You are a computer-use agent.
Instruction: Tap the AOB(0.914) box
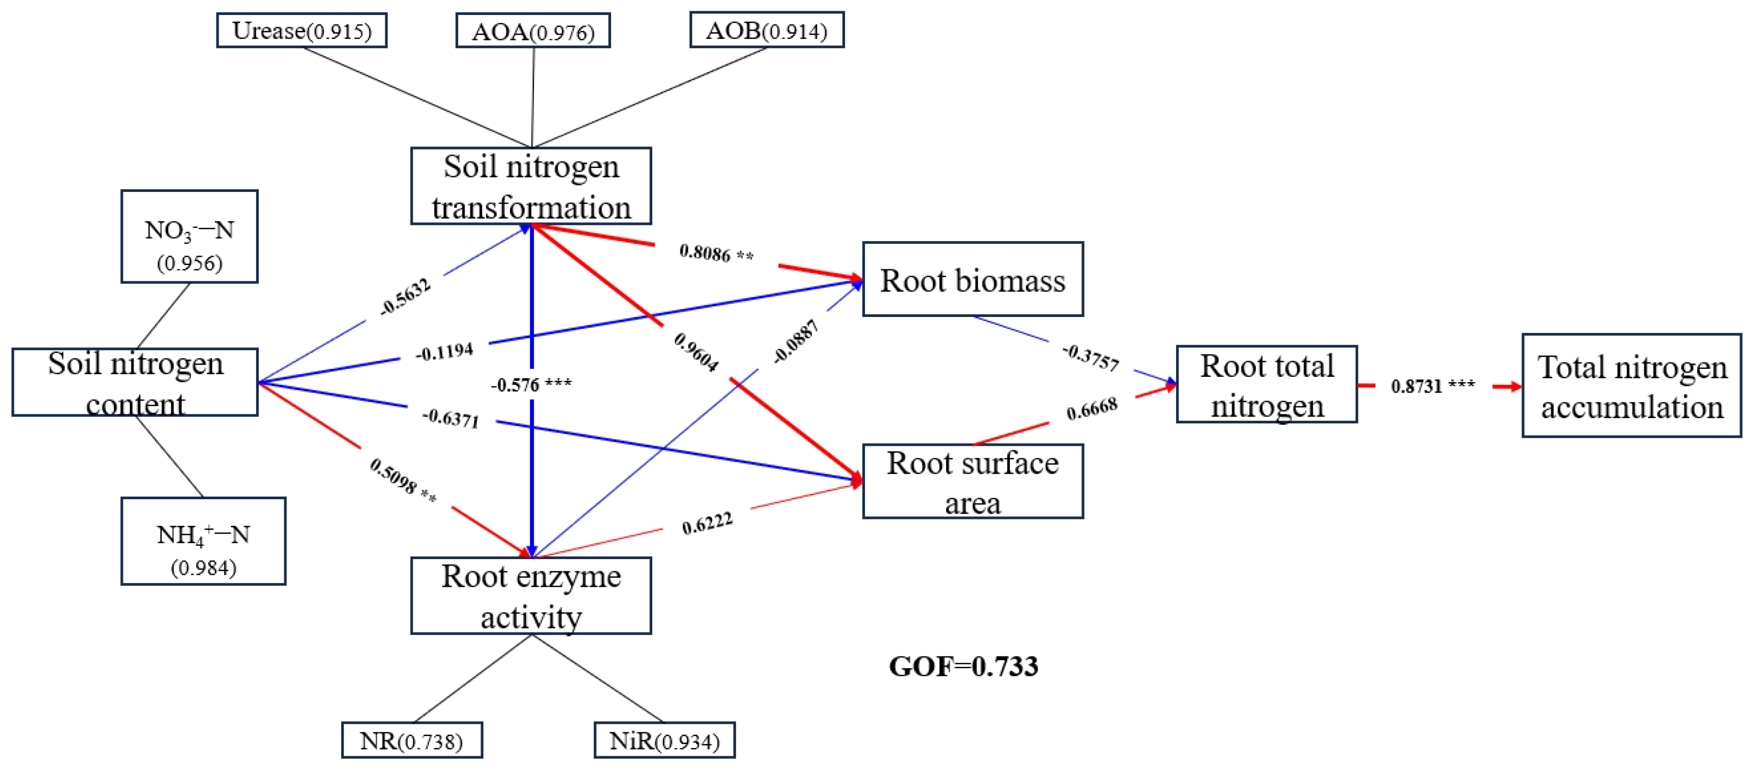click(767, 30)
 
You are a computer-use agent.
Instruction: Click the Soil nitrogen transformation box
click(531, 186)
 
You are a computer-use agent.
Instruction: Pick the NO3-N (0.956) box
click(189, 236)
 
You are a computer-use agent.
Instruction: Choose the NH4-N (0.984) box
click(203, 541)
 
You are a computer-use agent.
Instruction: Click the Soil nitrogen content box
click(135, 382)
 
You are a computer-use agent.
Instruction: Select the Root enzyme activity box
click(531, 596)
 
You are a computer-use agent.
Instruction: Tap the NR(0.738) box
click(412, 741)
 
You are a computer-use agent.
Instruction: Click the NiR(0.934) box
click(664, 741)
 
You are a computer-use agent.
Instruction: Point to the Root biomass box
click(972, 280)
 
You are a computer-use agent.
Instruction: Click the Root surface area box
click(972, 482)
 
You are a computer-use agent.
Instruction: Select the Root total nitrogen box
click(1266, 385)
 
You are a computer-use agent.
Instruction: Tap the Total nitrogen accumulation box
click(1632, 385)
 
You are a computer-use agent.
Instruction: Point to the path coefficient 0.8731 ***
click(1433, 386)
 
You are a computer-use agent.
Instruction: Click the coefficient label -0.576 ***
click(531, 385)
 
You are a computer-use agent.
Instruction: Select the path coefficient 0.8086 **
click(716, 253)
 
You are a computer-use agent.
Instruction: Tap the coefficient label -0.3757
click(1091, 358)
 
